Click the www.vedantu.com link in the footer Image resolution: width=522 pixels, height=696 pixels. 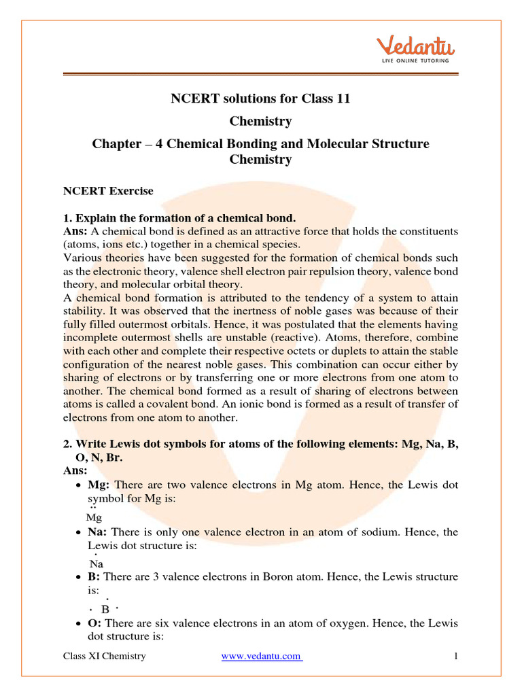pyautogui.click(x=262, y=656)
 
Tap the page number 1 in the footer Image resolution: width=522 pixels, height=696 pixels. pyautogui.click(x=456, y=656)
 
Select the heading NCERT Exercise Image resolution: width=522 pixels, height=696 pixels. pyautogui.click(x=108, y=191)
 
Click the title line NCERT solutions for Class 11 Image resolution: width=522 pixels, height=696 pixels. pyautogui.click(x=260, y=99)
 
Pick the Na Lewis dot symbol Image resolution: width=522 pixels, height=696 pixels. pyautogui.click(x=96, y=562)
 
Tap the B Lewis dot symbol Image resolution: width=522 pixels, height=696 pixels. pyautogui.click(x=105, y=608)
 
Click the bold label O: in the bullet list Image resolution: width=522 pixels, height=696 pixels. pyautogui.click(x=94, y=623)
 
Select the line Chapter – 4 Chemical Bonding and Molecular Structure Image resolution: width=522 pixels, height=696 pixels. pyautogui.click(x=260, y=144)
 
